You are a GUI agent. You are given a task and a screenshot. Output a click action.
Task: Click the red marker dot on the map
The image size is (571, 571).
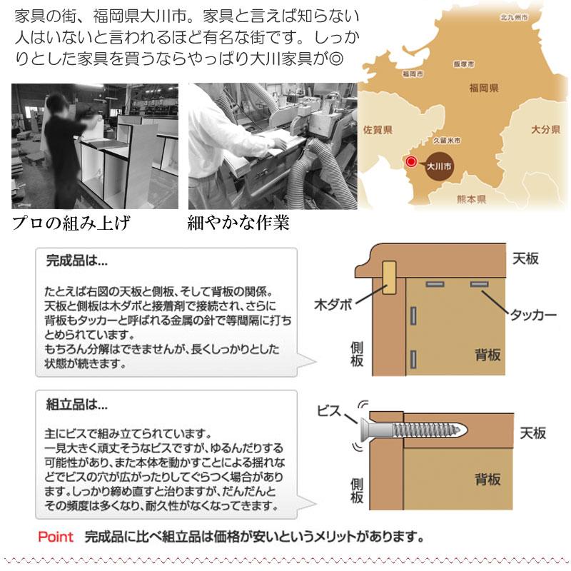[410, 162]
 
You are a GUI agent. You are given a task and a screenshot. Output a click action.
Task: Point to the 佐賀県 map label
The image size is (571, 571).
[378, 131]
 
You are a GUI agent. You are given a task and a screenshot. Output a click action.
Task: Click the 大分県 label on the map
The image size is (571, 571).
[545, 130]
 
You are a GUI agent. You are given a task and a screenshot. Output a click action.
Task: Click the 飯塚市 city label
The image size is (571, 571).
[464, 64]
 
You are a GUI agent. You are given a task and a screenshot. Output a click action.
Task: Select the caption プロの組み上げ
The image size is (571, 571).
[71, 223]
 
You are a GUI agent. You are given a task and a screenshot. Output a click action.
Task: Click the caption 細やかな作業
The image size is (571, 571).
[238, 223]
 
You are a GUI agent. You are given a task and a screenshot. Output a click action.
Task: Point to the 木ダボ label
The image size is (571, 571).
[333, 304]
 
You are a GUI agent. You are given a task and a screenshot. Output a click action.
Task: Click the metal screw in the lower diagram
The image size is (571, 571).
[418, 430]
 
